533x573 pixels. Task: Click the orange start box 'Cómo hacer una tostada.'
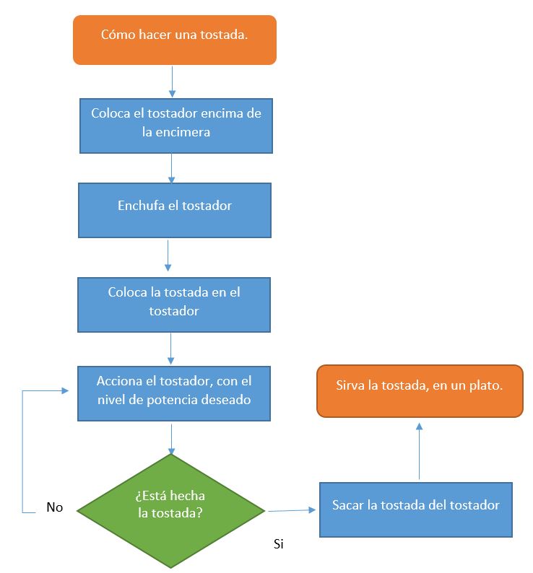pos(174,40)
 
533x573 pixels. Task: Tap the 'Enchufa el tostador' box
pos(175,209)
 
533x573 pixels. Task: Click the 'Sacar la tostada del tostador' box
pos(415,509)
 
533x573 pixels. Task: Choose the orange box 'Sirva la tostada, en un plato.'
pos(419,390)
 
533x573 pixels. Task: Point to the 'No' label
pos(55,507)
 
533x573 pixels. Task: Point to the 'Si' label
pos(279,543)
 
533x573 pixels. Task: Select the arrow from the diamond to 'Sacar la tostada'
pos(292,510)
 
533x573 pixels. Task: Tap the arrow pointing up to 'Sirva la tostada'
pos(419,450)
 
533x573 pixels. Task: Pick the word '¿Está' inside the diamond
pos(150,497)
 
